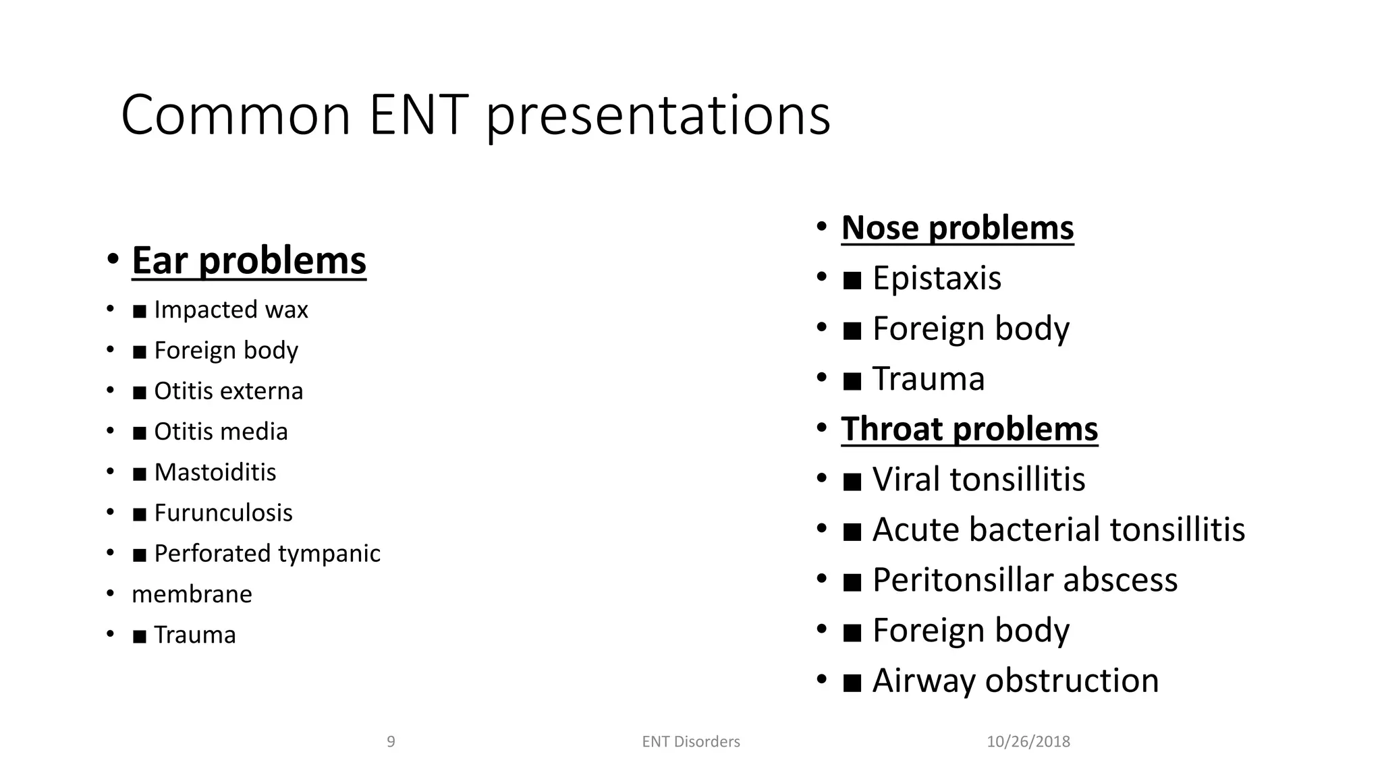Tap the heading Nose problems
957,227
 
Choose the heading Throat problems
969,429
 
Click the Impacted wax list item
230,310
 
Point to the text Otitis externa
228,391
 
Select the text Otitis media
221,432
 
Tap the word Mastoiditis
215,472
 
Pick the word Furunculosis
223,513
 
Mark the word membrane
192,594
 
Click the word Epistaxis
936,278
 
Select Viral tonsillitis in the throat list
978,480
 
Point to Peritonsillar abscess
1024,580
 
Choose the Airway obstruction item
1015,681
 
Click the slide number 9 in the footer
391,742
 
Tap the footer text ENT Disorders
690,742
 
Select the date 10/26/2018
1028,742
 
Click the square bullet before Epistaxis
852,280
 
